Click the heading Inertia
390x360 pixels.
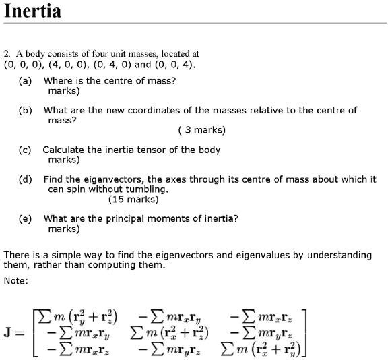pyautogui.click(x=33, y=12)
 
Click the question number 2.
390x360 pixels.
pyautogui.click(x=6, y=53)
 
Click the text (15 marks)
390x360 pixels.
pyautogui.click(x=133, y=200)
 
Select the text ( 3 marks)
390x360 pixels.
pyautogui.click(x=202, y=130)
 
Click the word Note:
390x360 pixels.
pyautogui.click(x=16, y=281)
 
